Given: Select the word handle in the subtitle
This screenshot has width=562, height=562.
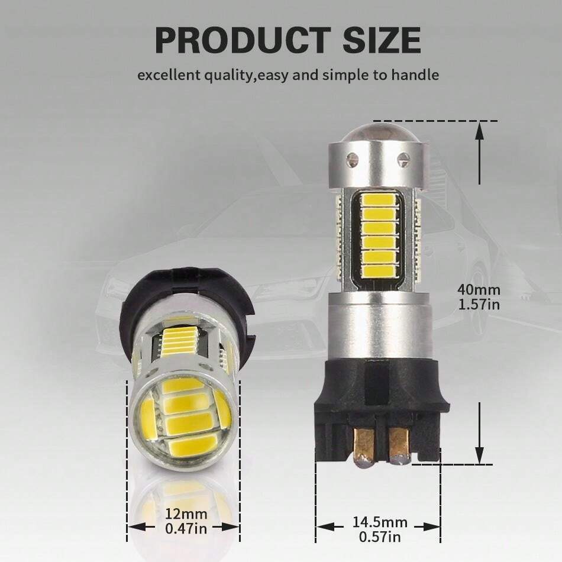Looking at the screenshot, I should (x=417, y=75).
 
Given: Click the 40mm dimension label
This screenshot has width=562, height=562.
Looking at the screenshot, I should (x=479, y=290).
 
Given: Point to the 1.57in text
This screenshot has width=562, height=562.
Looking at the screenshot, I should (x=479, y=304).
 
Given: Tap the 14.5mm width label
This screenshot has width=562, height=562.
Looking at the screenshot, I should (x=380, y=522).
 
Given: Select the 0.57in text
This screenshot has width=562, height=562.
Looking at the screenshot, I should (x=380, y=537).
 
